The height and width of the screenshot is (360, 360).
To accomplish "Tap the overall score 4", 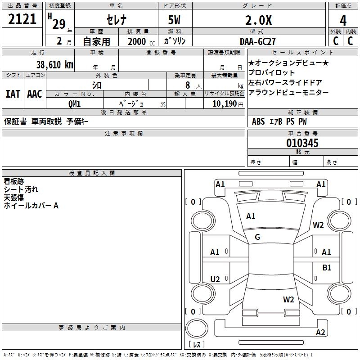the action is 343,20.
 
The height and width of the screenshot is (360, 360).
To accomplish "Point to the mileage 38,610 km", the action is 54,65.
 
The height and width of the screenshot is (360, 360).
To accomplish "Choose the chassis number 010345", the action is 302,143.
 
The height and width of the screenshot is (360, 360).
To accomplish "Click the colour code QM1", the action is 75,104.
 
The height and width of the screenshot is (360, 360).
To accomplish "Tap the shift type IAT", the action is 13,94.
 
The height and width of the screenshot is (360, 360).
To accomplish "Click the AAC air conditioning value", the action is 35,94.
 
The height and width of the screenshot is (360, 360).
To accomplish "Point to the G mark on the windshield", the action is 257,237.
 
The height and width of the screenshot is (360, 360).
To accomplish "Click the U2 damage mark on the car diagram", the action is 215,279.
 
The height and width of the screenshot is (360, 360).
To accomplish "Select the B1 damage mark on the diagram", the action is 327,267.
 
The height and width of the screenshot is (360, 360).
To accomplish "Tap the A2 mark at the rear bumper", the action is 320,333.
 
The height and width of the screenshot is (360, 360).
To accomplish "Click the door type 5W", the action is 175,20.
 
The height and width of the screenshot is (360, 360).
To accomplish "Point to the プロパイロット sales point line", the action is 272,72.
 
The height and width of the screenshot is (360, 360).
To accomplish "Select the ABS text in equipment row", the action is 258,121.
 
